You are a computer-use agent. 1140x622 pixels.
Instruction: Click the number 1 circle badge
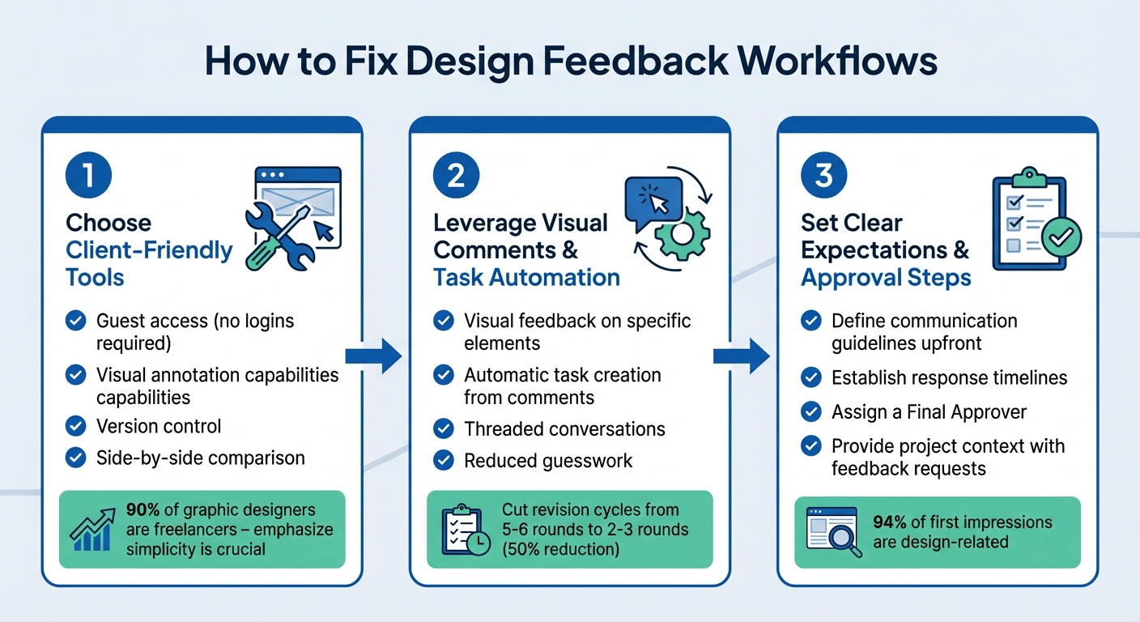88,177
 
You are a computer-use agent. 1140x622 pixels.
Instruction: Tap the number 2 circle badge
456,177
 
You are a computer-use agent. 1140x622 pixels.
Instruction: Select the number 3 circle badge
823,177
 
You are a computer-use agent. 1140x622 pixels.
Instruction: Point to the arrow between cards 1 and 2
373,356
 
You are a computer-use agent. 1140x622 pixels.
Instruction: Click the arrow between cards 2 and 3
741,356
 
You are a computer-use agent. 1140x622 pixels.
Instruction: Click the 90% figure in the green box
142,511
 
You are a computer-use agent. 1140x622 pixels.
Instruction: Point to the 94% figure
889,522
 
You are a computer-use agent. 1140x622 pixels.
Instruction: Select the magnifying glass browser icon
832,530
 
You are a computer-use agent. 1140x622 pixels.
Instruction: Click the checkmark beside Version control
75,426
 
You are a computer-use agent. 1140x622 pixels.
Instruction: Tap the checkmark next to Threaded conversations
443,429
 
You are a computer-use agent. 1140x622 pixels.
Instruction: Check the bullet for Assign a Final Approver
810,411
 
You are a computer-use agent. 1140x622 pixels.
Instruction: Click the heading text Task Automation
526,278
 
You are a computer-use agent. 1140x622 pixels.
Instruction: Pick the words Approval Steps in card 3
886,278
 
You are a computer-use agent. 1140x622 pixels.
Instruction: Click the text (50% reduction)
559,550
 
